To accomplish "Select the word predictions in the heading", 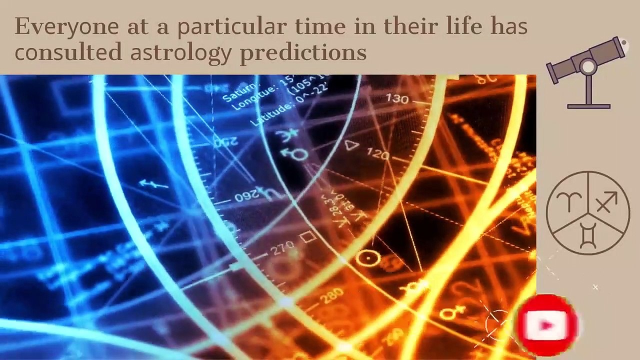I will (x=303, y=52).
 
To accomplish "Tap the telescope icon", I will (x=588, y=70).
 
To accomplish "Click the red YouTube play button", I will (x=547, y=325).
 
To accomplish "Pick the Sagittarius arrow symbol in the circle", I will (x=606, y=202).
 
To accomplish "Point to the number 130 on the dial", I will (x=397, y=98).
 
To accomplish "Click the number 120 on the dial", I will (x=377, y=153).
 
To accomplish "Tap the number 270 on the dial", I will (x=283, y=249).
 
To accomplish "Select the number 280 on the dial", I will (x=331, y=296).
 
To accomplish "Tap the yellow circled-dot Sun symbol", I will (x=369, y=258).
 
